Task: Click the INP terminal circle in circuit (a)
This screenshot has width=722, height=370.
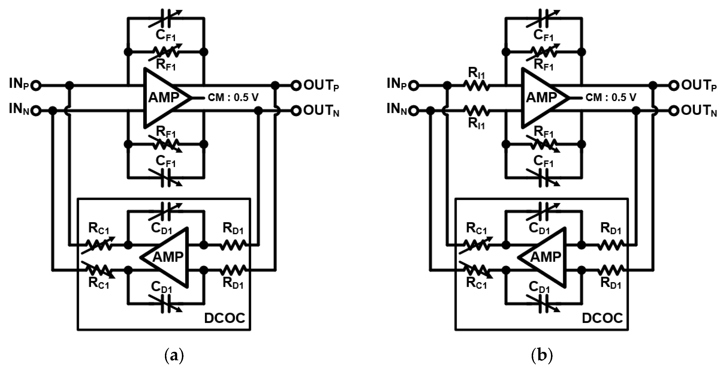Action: (x=36, y=85)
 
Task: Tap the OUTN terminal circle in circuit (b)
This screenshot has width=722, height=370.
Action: (x=674, y=111)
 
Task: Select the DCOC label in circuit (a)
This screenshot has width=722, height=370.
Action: (x=225, y=318)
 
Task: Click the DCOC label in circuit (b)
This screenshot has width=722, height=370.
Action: (x=602, y=318)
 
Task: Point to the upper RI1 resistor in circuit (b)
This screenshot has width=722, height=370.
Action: (x=477, y=85)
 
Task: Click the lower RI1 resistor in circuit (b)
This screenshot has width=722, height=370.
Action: (x=477, y=111)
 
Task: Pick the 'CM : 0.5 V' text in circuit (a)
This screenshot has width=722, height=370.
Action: (x=233, y=98)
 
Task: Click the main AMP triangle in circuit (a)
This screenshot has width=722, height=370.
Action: (x=164, y=98)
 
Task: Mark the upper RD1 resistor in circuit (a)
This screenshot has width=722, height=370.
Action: (x=233, y=245)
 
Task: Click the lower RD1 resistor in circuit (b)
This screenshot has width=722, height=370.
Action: (x=611, y=270)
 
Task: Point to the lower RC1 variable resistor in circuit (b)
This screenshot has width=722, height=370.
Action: (x=476, y=270)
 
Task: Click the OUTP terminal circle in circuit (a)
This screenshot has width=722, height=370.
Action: (x=296, y=85)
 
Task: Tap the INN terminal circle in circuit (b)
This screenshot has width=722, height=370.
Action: (x=414, y=111)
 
